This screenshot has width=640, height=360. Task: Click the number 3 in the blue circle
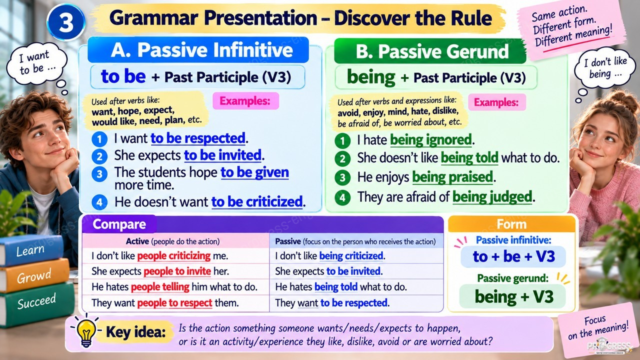pyautogui.click(x=66, y=22)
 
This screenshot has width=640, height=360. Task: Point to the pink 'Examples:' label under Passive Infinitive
pyautogui.click(x=245, y=101)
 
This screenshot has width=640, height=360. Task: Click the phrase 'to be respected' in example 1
pyautogui.click(x=197, y=138)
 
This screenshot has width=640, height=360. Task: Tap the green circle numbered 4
pyautogui.click(x=342, y=197)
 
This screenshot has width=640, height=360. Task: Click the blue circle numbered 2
pyautogui.click(x=99, y=156)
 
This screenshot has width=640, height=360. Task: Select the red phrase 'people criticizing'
pyautogui.click(x=173, y=255)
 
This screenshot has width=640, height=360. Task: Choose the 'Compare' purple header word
pyautogui.click(x=119, y=224)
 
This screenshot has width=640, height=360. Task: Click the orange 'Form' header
pyautogui.click(x=511, y=224)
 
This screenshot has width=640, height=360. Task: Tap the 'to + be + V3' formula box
pyautogui.click(x=513, y=256)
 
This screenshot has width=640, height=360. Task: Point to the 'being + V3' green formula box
pyautogui.click(x=513, y=296)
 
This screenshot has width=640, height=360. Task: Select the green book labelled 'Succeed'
pyautogui.click(x=35, y=303)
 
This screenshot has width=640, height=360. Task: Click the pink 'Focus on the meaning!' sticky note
pyautogui.click(x=597, y=328)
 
